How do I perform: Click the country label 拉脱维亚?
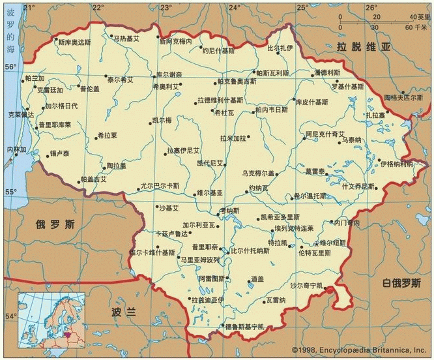click(x=363, y=47)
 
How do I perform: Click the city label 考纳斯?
click(x=229, y=211)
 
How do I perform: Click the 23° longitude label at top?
click(x=166, y=7)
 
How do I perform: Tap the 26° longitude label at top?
click(x=371, y=7)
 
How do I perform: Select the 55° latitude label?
click(x=10, y=192)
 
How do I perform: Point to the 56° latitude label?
click(x=10, y=67)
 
